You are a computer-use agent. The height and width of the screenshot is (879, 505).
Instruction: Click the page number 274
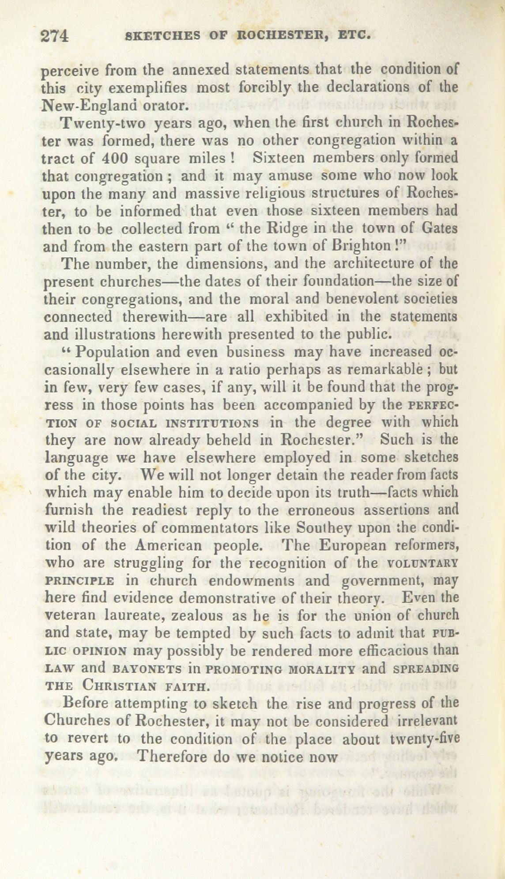click(x=54, y=36)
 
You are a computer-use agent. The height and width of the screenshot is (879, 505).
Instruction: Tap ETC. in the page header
click(x=352, y=35)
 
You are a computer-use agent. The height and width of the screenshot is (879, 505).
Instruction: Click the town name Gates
click(x=439, y=228)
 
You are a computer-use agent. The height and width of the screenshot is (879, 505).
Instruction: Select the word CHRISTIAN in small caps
click(x=119, y=686)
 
